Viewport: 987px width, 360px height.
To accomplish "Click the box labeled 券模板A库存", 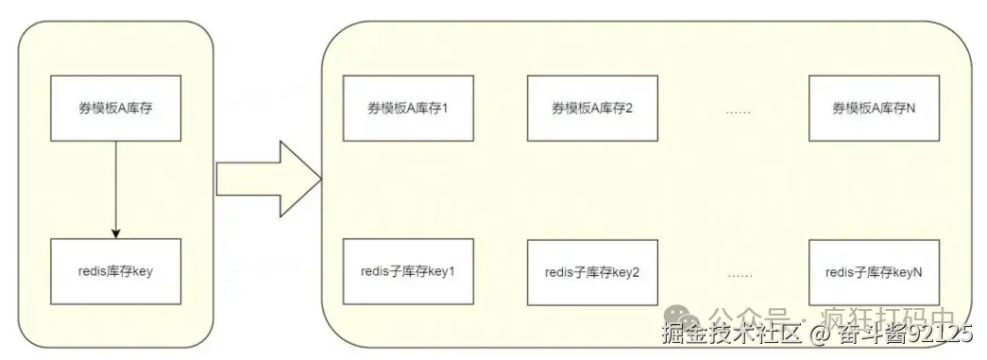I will [115, 109].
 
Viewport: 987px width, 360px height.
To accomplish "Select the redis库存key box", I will [115, 271].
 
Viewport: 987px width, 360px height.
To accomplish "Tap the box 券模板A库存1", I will [407, 109].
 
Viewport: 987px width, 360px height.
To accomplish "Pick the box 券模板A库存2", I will [591, 109].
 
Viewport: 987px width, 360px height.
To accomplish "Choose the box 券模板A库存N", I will [874, 109].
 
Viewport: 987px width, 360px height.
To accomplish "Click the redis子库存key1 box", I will [407, 272].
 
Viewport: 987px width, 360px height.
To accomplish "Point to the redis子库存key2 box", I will [592, 272].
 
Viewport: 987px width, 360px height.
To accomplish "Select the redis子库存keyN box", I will [874, 272].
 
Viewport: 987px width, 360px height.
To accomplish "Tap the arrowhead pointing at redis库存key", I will [115, 234].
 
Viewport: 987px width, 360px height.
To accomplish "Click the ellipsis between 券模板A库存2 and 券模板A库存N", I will [737, 111].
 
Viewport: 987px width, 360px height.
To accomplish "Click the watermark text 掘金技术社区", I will [718, 334].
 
